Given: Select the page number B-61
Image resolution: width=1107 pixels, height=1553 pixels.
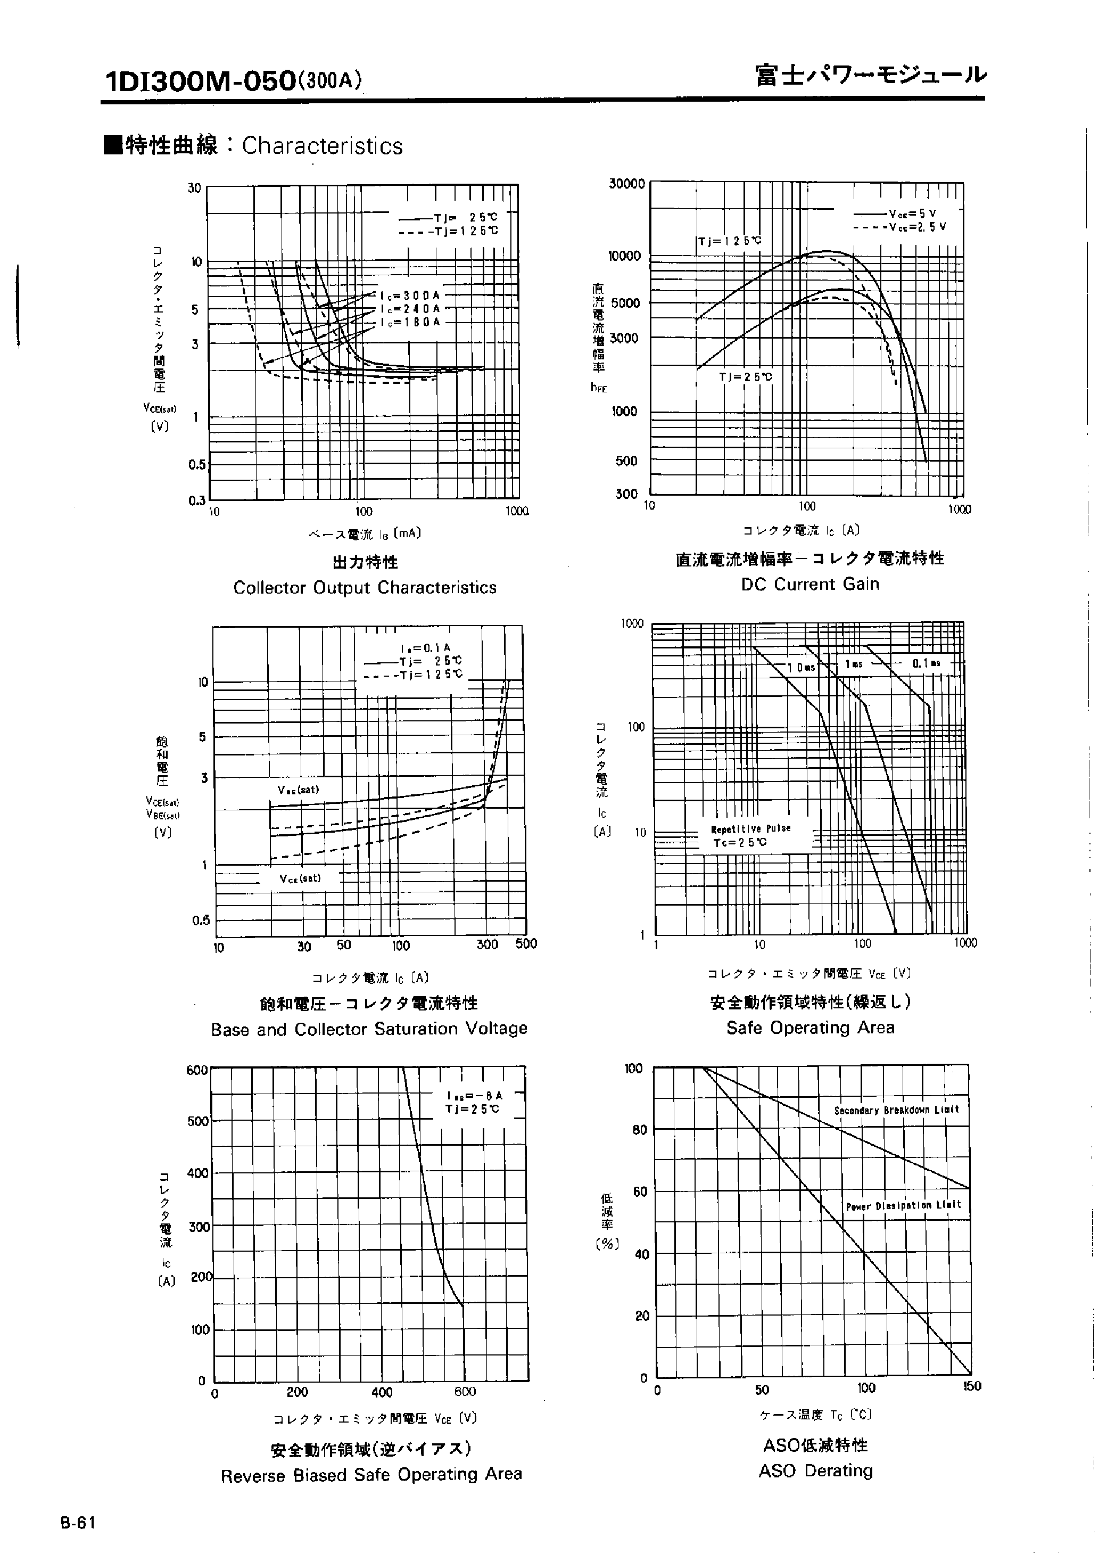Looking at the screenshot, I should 78,1522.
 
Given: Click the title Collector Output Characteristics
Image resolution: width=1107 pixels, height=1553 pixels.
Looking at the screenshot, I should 365,588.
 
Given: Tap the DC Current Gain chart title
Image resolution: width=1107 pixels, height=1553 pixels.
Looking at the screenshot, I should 810,584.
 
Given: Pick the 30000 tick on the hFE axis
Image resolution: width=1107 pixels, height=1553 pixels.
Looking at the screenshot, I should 626,184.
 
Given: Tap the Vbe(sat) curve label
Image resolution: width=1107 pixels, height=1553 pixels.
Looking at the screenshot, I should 298,790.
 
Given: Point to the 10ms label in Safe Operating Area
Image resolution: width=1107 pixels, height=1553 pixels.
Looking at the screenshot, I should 801,668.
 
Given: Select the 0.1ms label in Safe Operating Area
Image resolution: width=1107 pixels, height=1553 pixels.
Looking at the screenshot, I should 927,663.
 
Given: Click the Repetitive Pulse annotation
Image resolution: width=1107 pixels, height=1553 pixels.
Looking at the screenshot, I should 750,828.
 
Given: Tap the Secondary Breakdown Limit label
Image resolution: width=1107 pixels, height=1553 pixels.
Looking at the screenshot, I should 896,1110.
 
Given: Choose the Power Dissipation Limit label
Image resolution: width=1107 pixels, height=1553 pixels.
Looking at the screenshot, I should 903,1205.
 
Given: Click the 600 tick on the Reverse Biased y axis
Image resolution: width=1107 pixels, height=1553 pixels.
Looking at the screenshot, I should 197,1070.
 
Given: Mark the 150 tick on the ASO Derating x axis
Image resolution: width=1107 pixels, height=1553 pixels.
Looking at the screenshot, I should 972,1386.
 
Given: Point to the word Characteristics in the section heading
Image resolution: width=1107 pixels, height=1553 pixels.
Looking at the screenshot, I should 323,146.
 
